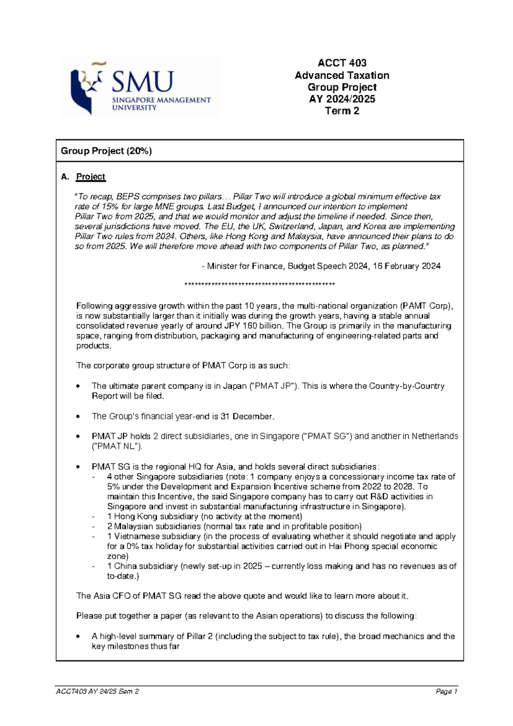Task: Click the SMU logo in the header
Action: point(140,87)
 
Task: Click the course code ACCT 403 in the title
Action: point(342,63)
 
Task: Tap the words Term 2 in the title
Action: point(342,111)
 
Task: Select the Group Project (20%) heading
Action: point(106,151)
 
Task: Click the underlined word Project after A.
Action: point(91,177)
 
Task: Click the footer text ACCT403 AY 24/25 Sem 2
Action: point(97,691)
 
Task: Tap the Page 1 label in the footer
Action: point(447,691)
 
